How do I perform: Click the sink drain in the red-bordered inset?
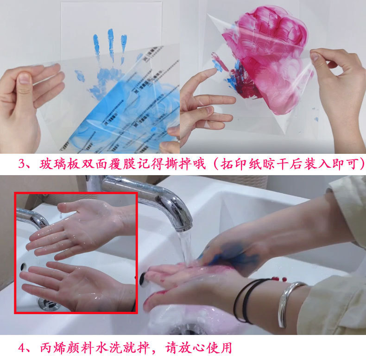(x=48, y=304)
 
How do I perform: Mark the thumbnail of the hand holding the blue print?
(x=25, y=79)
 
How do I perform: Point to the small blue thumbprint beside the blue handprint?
(x=80, y=75)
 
